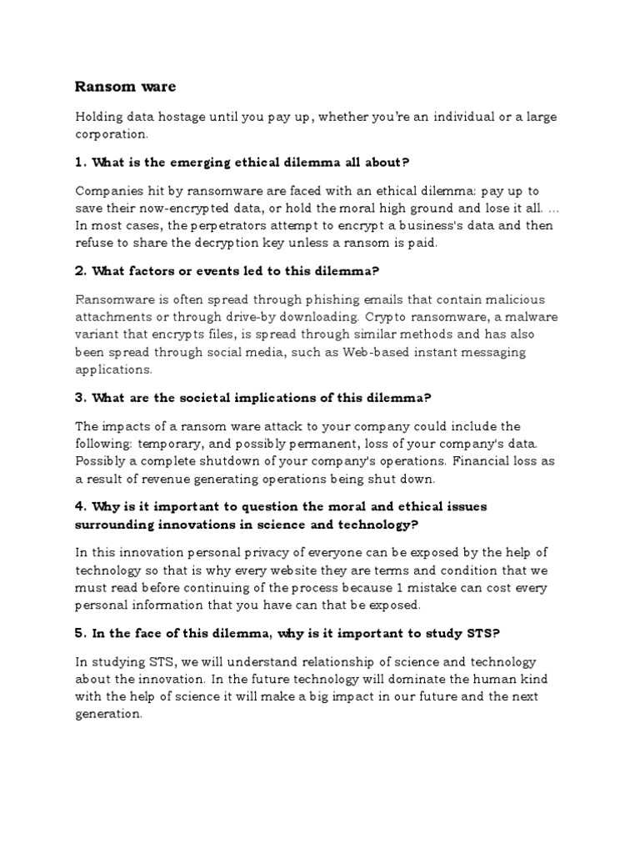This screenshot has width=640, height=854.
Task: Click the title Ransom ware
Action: (125, 86)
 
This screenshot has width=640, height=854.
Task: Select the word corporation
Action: (111, 133)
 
